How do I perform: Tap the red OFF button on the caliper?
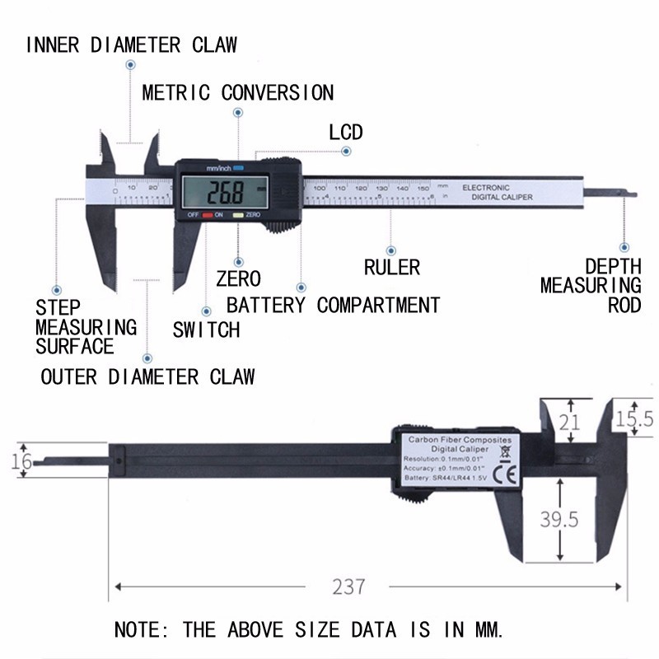point(208,215)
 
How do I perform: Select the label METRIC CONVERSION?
point(237,92)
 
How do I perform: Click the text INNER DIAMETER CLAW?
point(132,44)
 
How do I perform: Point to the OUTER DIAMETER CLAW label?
point(148,377)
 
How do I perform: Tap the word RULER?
point(391,267)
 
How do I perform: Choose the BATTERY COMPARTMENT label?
point(333,306)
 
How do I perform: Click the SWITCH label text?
point(206,330)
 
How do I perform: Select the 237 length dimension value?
point(348,587)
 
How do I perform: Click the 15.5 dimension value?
point(636,419)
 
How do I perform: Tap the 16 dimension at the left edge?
point(23,461)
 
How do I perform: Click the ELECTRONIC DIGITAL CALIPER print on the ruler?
point(497,193)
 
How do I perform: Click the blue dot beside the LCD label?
point(347,152)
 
